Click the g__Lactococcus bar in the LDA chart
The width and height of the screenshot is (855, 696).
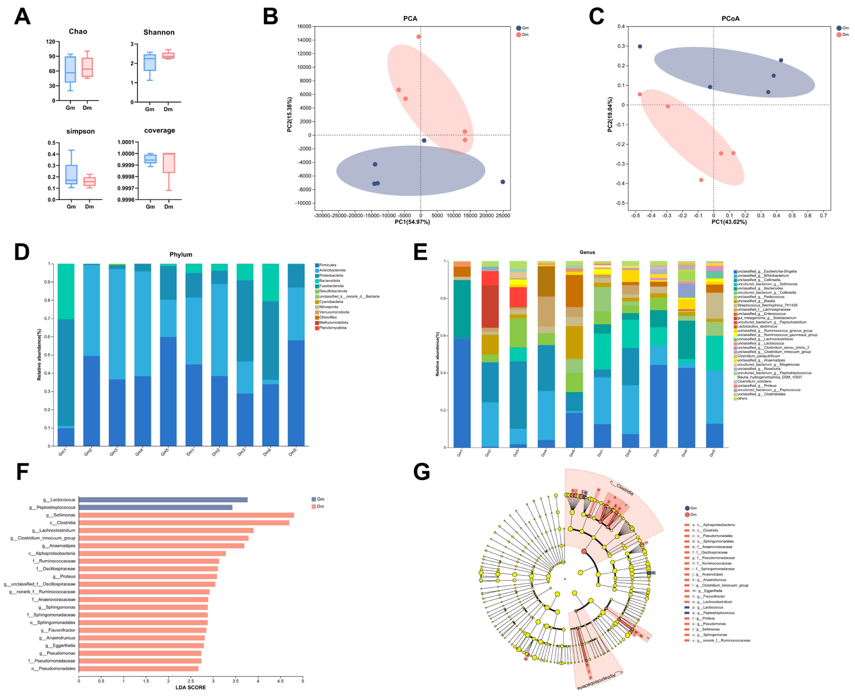(x=163, y=500)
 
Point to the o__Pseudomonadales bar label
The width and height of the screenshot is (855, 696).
(x=53, y=668)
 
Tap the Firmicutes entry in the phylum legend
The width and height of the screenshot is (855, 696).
(x=327, y=265)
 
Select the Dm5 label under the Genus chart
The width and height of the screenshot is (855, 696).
(x=713, y=454)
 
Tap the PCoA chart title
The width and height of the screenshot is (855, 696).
(x=730, y=18)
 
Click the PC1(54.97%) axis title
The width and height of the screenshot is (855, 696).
(x=412, y=222)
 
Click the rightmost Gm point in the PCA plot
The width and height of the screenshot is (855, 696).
(x=503, y=182)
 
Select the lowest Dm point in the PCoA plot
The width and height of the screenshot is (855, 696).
(x=701, y=180)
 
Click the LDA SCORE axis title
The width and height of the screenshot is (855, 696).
(x=191, y=687)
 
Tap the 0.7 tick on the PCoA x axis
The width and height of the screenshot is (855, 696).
(x=823, y=216)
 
